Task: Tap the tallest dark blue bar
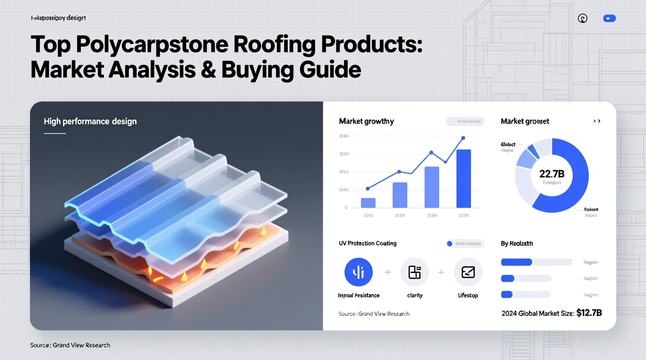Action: click(464, 178)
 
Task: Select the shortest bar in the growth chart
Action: click(368, 203)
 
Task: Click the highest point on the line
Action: click(463, 138)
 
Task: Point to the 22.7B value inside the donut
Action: click(552, 174)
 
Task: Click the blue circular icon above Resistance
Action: click(358, 272)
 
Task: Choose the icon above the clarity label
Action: click(415, 272)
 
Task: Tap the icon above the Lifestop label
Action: click(468, 272)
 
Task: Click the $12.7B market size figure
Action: click(589, 313)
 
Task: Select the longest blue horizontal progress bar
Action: click(516, 262)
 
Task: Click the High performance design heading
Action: click(90, 121)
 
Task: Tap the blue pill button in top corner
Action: click(609, 18)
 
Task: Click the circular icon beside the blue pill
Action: click(582, 18)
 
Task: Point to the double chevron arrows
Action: click(597, 121)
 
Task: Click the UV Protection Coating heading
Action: click(367, 243)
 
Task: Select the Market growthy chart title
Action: click(366, 121)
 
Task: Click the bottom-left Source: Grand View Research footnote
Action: click(70, 345)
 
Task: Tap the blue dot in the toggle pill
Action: click(450, 244)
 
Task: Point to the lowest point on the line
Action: click(368, 189)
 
